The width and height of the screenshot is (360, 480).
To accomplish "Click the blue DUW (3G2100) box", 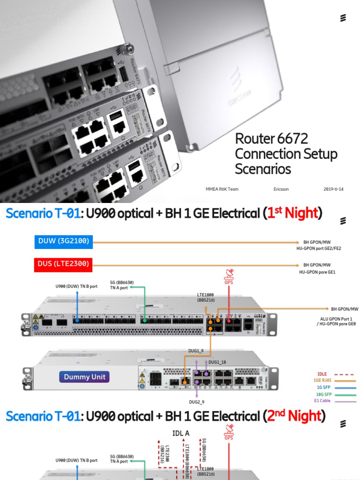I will tap(63, 242).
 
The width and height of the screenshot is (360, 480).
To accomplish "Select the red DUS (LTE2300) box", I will tap(63, 264).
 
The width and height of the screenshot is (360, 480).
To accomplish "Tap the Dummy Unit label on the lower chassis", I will tap(84, 377).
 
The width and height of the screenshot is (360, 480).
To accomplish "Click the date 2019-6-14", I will tap(333, 189).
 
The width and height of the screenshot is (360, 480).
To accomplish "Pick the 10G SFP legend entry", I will tap(323, 395).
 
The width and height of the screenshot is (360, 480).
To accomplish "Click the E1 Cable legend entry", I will tap(323, 401).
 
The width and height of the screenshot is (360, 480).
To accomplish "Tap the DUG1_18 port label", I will tap(217, 362).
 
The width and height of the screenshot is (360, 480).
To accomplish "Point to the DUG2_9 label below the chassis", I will tap(196, 402).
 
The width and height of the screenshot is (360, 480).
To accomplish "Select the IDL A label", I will tap(181, 434).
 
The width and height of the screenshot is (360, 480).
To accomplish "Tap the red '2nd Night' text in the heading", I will tap(294, 416).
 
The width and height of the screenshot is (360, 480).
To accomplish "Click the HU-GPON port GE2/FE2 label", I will tap(319, 248).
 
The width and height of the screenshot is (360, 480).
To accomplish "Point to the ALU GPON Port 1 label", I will tap(332, 318).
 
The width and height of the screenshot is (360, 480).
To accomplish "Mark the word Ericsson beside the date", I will tap(281, 189).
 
